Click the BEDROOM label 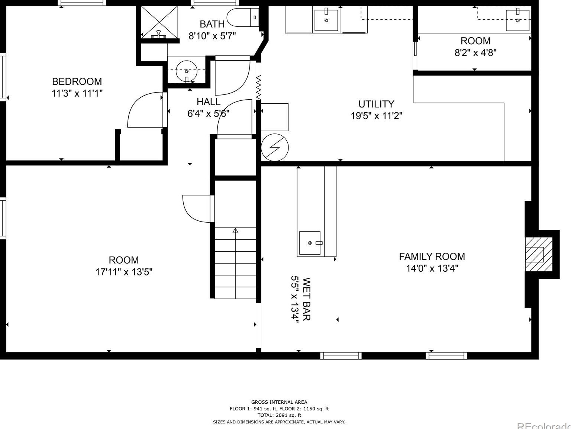pyautogui.click(x=77, y=81)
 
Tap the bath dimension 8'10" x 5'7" pyautogui.click(x=212, y=36)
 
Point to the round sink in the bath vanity pyautogui.click(x=186, y=71)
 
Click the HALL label pyautogui.click(x=209, y=102)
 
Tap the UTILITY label pyautogui.click(x=376, y=104)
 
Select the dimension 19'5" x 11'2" pyautogui.click(x=376, y=116)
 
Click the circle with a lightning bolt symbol pyautogui.click(x=275, y=148)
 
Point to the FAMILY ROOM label pyautogui.click(x=432, y=257)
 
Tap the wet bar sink pyautogui.click(x=310, y=243)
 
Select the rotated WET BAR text pyautogui.click(x=306, y=299)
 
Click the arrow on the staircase pyautogui.click(x=235, y=263)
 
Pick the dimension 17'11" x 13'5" pyautogui.click(x=123, y=272)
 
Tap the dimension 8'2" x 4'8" pyautogui.click(x=475, y=53)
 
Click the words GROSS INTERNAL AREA pyautogui.click(x=279, y=402)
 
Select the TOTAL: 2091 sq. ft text pyautogui.click(x=279, y=415)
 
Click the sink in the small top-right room pyautogui.click(x=517, y=20)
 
